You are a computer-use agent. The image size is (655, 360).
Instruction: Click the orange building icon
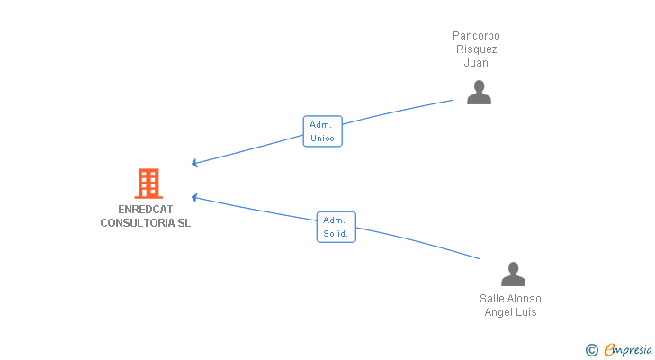tap(148, 184)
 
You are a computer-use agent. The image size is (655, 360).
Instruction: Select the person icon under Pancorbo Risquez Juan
tap(479, 93)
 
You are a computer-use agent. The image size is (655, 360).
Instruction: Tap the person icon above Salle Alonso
tap(513, 274)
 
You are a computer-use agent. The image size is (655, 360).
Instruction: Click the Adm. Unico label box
tap(322, 131)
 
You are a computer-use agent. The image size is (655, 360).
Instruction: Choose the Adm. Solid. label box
tap(336, 227)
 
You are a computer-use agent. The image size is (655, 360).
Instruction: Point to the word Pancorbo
tap(476, 36)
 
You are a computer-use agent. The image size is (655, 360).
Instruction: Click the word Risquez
tap(477, 49)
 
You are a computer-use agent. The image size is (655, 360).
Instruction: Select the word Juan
tap(476, 63)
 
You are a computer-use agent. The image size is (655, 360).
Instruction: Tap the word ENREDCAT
tap(146, 209)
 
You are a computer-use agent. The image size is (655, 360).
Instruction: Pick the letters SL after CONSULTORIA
tap(184, 223)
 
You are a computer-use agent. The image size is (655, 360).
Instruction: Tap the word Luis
tap(526, 312)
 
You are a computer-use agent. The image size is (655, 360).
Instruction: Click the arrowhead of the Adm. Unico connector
tap(193, 163)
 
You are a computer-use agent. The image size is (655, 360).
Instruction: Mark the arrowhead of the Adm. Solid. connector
tap(193, 197)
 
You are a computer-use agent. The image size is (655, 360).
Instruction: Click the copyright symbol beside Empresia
tap(591, 350)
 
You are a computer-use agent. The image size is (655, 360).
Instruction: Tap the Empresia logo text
tap(628, 350)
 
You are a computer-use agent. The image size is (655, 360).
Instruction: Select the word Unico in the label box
tap(322, 139)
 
